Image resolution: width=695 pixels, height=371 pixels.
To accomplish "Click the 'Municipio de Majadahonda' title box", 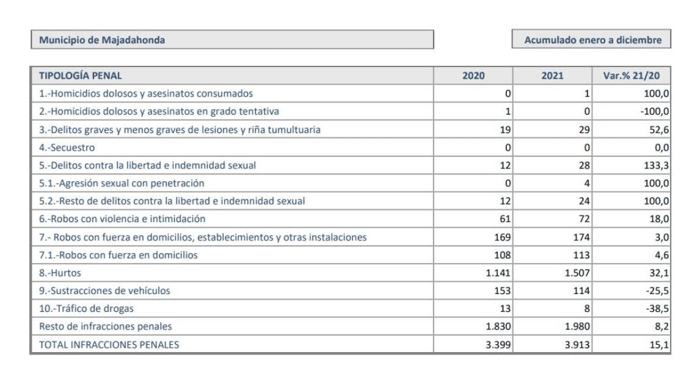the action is [232, 40].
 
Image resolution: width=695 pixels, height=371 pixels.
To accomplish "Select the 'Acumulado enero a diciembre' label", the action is [592, 40].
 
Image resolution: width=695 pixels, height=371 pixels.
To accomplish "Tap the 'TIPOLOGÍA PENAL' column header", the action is [80, 76].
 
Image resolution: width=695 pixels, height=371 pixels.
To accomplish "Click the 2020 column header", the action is [473, 76].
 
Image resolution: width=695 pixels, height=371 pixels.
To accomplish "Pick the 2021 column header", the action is [552, 76].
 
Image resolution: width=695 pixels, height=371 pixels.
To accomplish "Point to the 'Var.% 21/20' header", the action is [631, 76].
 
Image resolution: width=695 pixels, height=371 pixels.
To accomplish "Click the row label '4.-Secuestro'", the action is [67, 148].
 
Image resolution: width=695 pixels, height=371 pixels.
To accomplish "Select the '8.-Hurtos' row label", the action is [60, 273].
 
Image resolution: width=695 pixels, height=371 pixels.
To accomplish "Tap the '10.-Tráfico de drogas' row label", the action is [86, 309].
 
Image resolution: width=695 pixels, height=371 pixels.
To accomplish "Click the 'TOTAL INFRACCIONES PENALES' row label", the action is [109, 344].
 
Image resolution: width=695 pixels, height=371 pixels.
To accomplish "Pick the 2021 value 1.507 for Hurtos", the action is [577, 273].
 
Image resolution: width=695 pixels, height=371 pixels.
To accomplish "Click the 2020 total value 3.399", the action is [498, 344].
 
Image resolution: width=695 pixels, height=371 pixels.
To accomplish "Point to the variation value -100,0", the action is [655, 112].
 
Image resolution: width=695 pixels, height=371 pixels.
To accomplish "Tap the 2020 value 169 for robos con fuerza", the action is [503, 237].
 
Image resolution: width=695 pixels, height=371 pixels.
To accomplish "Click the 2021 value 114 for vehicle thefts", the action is [581, 291].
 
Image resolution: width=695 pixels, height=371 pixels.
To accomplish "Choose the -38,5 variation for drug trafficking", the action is [657, 309].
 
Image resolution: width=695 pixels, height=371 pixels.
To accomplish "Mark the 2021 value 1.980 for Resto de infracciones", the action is [577, 326].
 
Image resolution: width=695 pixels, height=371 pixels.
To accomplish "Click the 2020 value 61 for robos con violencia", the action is [505, 219].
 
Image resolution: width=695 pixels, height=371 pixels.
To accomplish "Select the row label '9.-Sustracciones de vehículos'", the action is [104, 291].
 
